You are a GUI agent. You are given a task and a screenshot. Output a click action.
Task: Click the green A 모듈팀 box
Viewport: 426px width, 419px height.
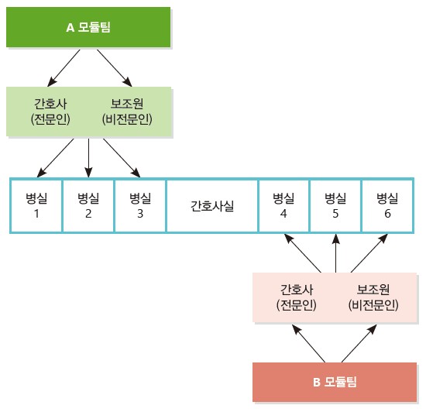point(88,27)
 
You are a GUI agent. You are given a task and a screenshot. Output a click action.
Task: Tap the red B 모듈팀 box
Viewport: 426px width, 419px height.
point(335,382)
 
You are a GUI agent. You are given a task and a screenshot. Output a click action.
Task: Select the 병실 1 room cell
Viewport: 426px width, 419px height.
point(36,206)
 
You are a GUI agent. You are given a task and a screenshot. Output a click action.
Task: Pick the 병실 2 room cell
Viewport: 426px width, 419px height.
point(88,206)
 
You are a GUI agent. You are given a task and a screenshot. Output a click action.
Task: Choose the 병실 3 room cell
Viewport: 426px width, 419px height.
point(140,206)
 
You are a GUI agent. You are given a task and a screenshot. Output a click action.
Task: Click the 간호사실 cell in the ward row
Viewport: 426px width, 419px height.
point(212,206)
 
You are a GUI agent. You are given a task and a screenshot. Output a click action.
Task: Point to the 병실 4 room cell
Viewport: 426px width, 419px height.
point(283,206)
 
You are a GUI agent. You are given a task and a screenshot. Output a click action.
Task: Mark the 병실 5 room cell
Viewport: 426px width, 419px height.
point(335,206)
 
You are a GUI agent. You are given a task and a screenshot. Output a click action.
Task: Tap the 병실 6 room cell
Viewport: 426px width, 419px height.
point(388,206)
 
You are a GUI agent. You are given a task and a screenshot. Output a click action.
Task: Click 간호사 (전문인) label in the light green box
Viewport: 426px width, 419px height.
point(50,112)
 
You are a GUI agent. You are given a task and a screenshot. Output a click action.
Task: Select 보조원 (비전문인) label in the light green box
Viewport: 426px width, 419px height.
point(127,112)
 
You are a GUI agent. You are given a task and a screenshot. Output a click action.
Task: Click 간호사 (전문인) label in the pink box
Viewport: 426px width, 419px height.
point(297,297)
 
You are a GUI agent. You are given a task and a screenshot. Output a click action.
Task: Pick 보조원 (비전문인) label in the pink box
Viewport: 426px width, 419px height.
point(373,297)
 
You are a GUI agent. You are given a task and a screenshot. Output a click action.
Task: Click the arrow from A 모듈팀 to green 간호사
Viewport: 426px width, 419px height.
point(64,68)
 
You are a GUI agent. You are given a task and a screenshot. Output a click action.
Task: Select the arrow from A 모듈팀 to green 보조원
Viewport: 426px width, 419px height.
point(115,68)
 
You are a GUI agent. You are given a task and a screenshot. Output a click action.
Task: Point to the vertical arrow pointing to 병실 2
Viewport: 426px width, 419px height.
point(88,158)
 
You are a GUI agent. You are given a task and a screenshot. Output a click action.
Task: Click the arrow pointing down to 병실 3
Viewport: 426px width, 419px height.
point(122,158)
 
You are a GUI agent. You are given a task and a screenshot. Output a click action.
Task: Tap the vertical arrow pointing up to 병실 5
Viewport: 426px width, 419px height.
point(336,253)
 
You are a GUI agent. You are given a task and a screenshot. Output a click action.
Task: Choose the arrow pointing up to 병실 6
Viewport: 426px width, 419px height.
point(369,253)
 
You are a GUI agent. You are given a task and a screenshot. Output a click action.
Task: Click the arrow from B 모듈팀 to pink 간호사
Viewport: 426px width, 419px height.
point(308,343)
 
